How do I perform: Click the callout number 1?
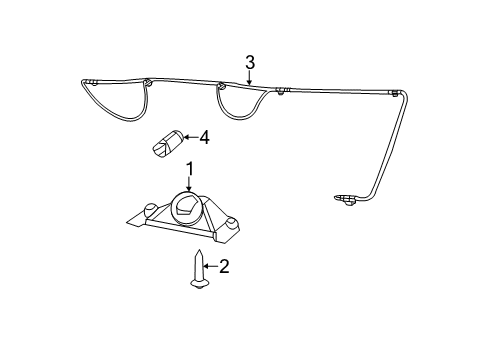187,168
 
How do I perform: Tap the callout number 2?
224,266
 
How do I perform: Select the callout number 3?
250,62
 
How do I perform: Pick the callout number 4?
204,137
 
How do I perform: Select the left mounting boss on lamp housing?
149,210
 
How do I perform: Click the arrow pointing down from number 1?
187,183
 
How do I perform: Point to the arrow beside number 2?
210,266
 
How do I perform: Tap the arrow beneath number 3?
250,75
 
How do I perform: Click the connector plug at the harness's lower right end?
346,199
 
